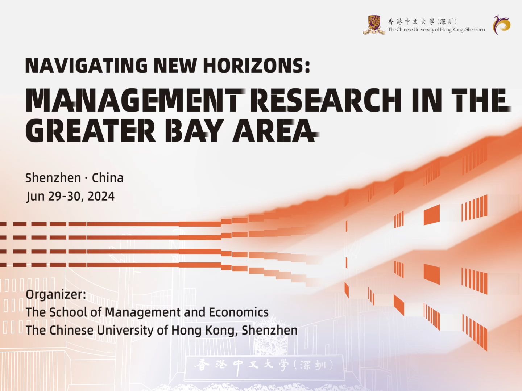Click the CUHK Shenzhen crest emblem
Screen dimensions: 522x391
pyautogui.click(x=374, y=25)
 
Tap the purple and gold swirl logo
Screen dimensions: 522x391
pyautogui.click(x=502, y=25)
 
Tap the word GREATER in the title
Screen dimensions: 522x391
pyautogui.click(x=91, y=130)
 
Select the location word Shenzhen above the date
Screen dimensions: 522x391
pyautogui.click(x=53, y=178)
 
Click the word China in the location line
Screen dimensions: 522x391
pyautogui.click(x=108, y=178)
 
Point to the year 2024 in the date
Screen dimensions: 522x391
pyautogui.click(x=101, y=196)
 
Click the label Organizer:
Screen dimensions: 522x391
pyautogui.click(x=56, y=295)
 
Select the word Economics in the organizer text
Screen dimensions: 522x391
pyautogui.click(x=239, y=312)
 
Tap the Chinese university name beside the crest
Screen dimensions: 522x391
pyautogui.click(x=422, y=22)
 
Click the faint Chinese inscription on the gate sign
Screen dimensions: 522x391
pyautogui.click(x=264, y=366)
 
